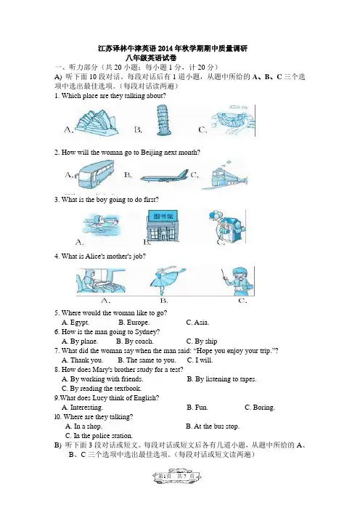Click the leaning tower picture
click(x=163, y=120)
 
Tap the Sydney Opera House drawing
click(x=97, y=121)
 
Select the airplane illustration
click(x=164, y=177)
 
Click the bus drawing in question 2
click(x=94, y=174)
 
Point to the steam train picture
click(x=224, y=176)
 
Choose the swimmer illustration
click(x=101, y=223)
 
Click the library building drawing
click(x=163, y=225)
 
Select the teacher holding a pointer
click(x=237, y=280)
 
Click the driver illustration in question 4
click(x=101, y=280)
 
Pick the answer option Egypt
click(x=75, y=323)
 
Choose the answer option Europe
click(x=134, y=323)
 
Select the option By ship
click(x=202, y=341)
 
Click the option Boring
click(x=260, y=408)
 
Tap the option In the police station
click(x=99, y=436)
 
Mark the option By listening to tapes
click(x=221, y=379)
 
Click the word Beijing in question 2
click(x=152, y=153)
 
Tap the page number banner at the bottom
click(x=177, y=476)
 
